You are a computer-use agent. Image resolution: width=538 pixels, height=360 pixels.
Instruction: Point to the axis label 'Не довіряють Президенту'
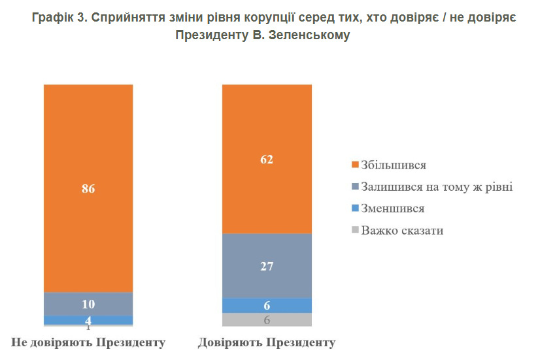[x=88, y=342]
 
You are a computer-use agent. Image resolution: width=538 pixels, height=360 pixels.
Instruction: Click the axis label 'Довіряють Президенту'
[x=267, y=342]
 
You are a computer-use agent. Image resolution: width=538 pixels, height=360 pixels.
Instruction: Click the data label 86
[x=88, y=189]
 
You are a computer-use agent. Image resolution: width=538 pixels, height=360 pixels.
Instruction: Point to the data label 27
[x=267, y=266]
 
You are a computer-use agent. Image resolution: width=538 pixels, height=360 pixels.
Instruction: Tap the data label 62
[x=267, y=159]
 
